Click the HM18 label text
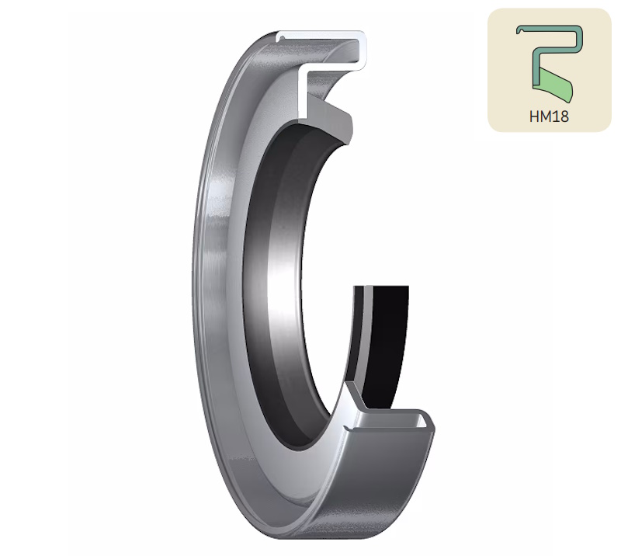pos(549,116)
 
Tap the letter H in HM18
pos(534,116)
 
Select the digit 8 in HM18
pos(564,116)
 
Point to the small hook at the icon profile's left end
pos(518,30)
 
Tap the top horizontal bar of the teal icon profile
pos(549,28)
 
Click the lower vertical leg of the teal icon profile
pos(536,68)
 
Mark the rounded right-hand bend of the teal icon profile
pos(579,39)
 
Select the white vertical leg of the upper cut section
pos(302,93)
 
